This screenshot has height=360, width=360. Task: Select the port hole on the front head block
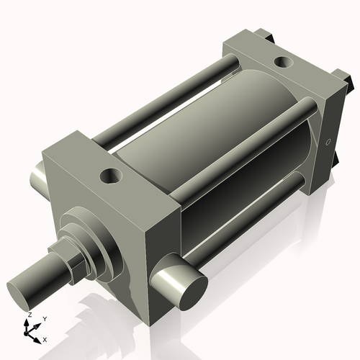[112, 175]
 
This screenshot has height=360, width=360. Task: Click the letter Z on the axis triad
[29, 315]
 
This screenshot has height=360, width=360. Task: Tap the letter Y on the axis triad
[44, 318]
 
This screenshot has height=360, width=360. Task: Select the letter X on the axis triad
[45, 338]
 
